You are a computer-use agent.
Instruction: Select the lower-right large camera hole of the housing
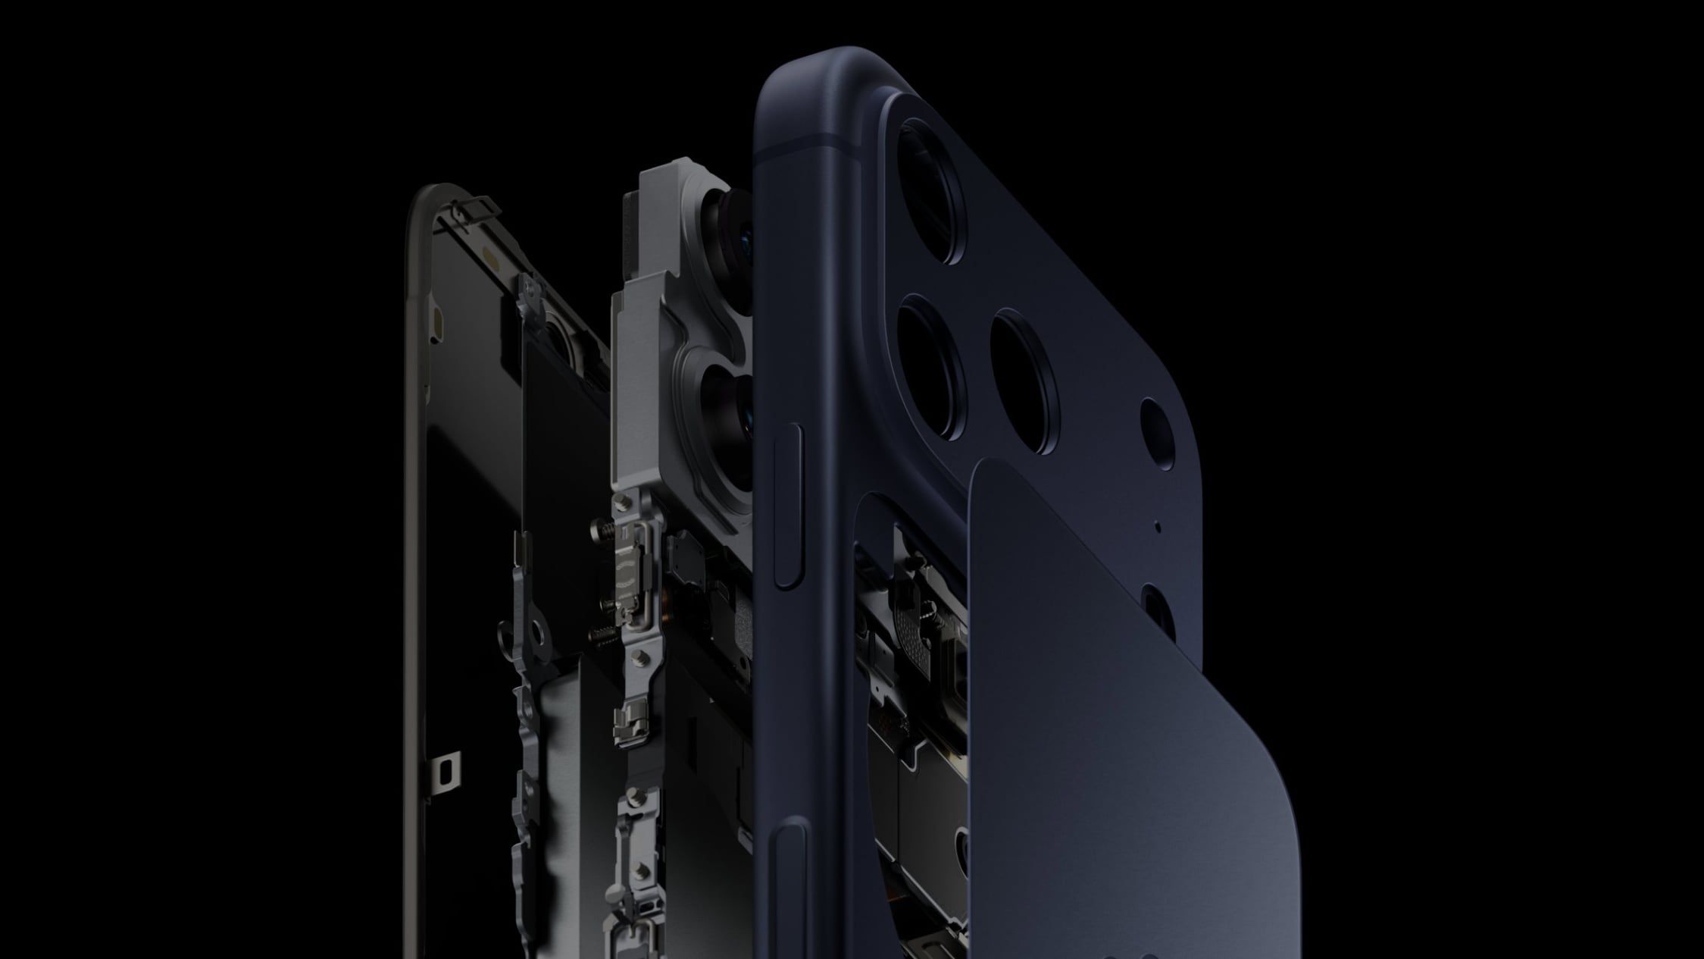click(x=1024, y=381)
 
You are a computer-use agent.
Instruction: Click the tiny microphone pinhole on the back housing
click(x=1157, y=524)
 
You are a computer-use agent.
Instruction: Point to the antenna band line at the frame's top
click(x=818, y=144)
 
